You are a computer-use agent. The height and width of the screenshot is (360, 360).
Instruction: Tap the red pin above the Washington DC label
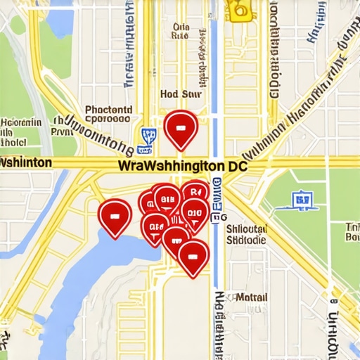point(180,129)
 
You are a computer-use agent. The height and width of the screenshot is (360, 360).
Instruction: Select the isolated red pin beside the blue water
point(115,214)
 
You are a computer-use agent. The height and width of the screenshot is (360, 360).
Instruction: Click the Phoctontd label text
point(108,110)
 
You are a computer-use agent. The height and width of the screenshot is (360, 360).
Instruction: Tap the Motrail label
point(251,297)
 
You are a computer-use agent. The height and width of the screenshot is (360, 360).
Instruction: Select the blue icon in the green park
point(302,200)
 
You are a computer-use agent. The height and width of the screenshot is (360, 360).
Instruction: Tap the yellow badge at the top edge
point(240,8)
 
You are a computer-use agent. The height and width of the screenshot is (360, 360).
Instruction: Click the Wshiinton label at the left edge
point(25,162)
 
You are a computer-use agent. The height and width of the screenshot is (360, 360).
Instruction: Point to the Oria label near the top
point(181,28)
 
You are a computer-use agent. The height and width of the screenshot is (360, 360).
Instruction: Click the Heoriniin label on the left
point(21,122)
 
